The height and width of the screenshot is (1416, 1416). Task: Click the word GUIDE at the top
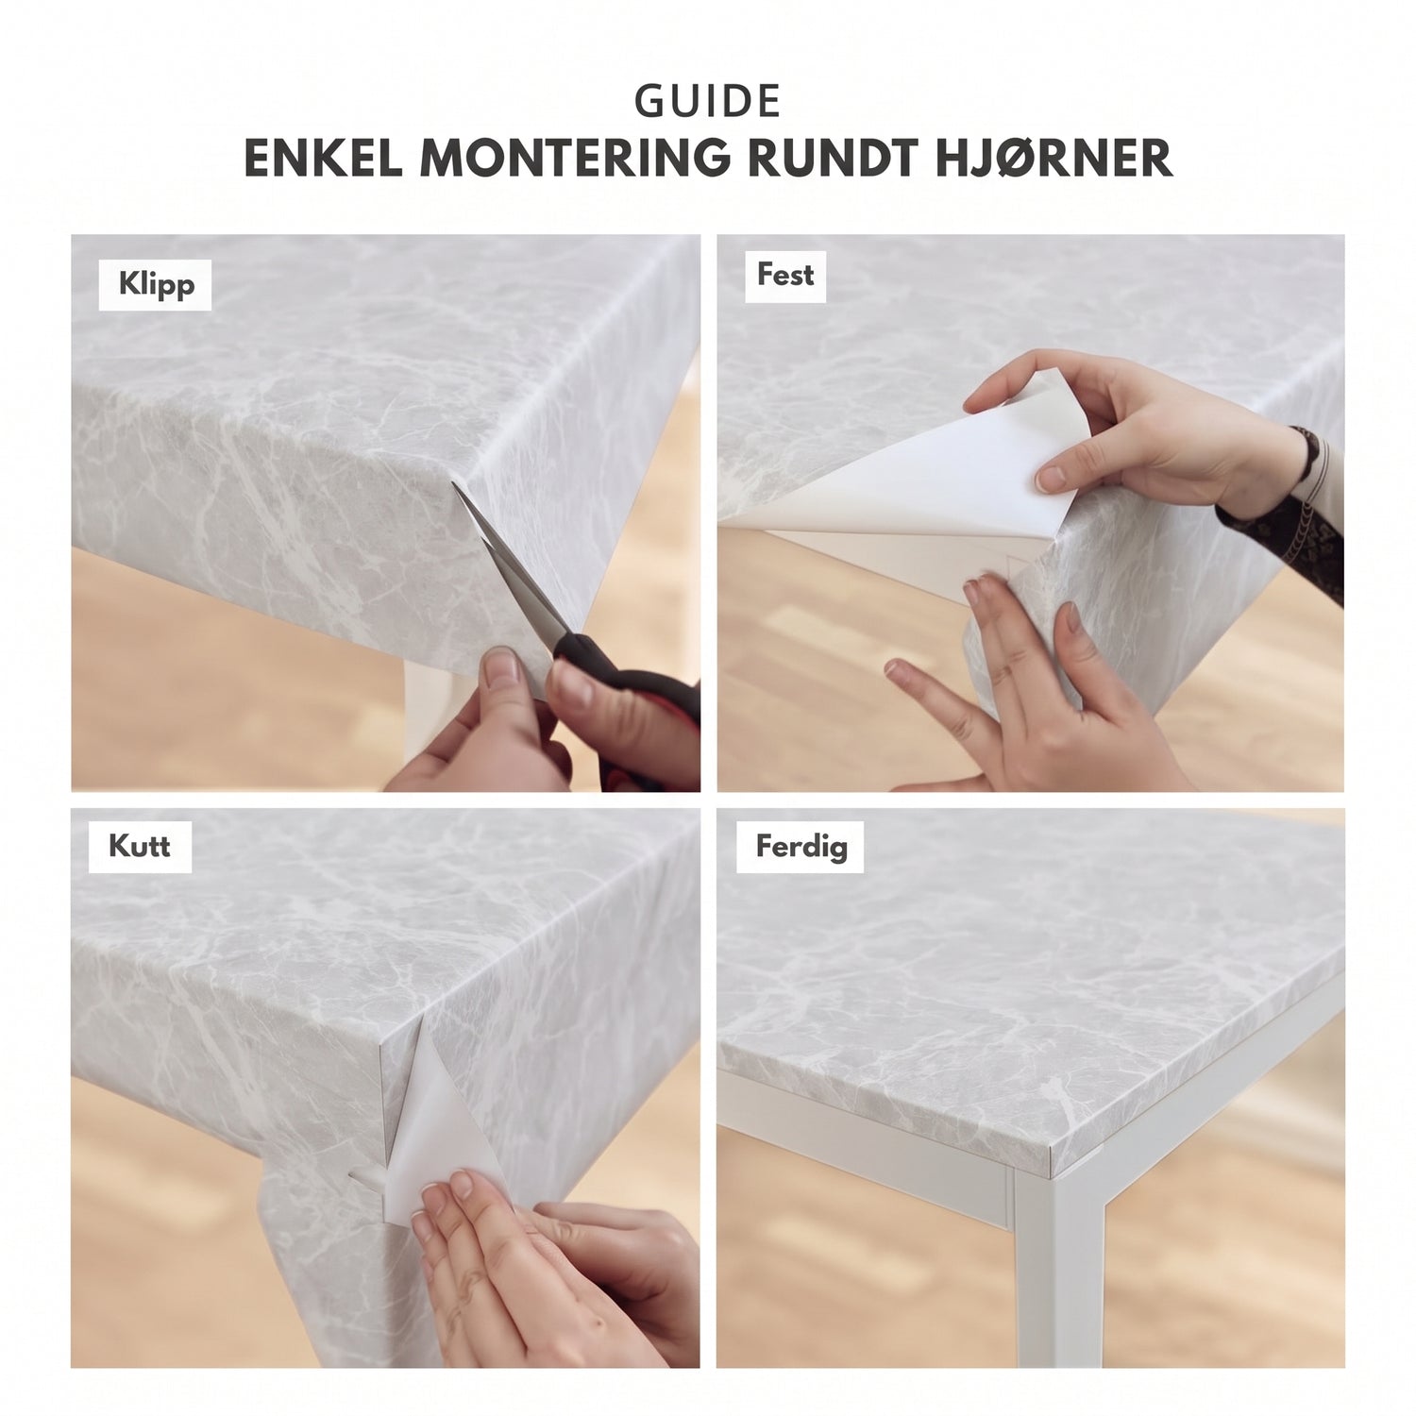[708, 102]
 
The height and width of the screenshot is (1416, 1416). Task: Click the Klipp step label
[156, 284]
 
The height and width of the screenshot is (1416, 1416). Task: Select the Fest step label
[785, 275]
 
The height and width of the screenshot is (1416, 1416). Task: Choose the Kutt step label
[140, 845]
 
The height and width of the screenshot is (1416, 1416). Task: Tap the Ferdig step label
[801, 846]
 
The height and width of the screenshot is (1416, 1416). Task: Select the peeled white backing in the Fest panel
[906, 491]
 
